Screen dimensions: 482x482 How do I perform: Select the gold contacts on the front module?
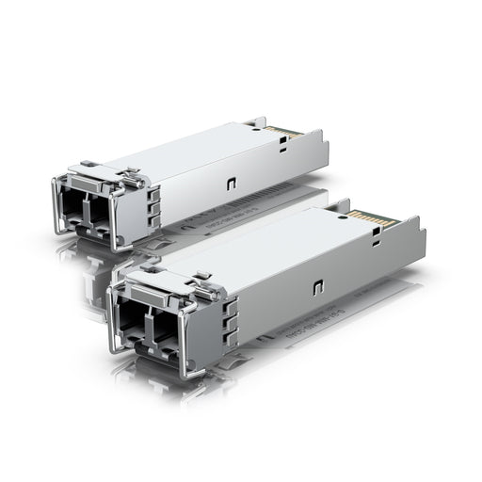pyautogui.click(x=367, y=217)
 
